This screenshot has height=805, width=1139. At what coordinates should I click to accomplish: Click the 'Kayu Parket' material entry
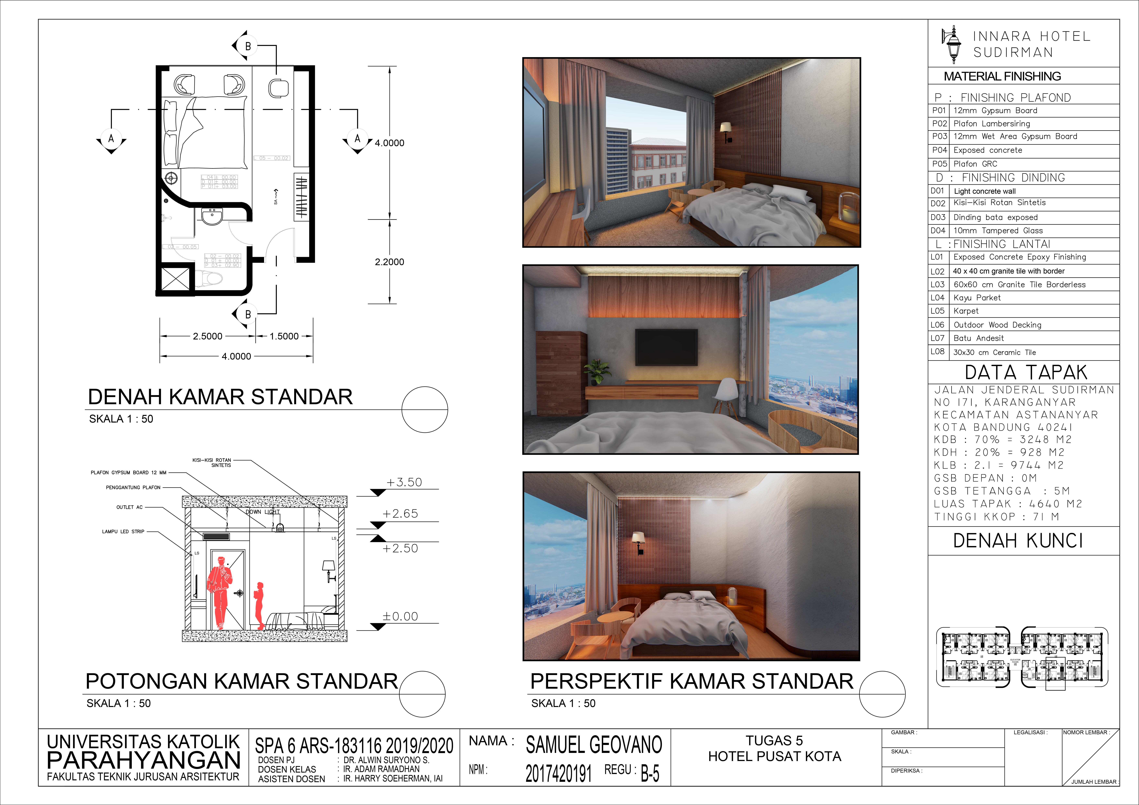(x=977, y=298)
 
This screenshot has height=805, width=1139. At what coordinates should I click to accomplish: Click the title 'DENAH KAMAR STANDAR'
(x=220, y=397)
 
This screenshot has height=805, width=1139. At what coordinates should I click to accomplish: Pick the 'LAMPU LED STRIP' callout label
(x=123, y=531)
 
